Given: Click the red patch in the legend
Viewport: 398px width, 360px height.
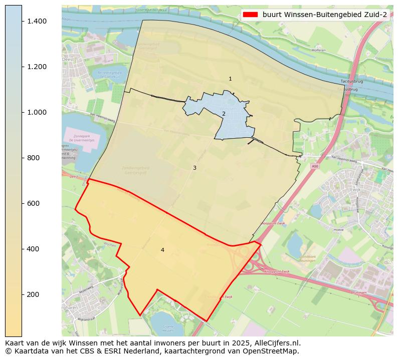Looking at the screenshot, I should click(x=251, y=15).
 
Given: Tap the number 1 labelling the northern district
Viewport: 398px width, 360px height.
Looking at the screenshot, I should click(x=230, y=79).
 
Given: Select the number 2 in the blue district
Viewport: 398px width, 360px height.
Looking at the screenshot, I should click(x=224, y=114).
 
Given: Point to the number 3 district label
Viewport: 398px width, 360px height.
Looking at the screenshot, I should click(x=194, y=168).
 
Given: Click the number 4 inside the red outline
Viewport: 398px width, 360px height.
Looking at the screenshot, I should click(x=162, y=250).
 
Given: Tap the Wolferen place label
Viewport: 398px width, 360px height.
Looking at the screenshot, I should click(x=318, y=50).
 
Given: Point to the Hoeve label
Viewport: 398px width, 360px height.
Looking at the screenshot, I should click(x=338, y=230).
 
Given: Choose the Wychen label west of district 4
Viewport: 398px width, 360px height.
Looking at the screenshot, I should click(x=109, y=245).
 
